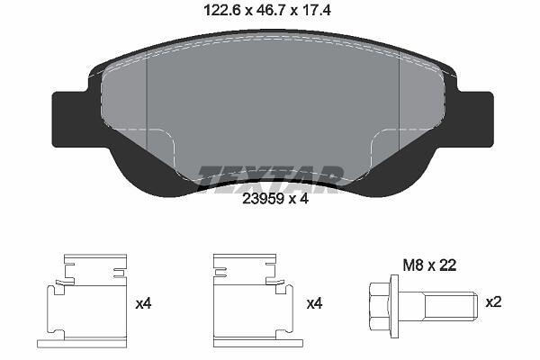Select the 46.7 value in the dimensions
point(268,10)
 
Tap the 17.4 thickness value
point(316,10)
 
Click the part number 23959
point(263,198)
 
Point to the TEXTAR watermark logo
point(271,178)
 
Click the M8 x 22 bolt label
point(430,265)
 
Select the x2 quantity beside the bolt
point(493,302)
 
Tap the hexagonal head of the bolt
point(380,307)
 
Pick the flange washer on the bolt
point(395,307)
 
